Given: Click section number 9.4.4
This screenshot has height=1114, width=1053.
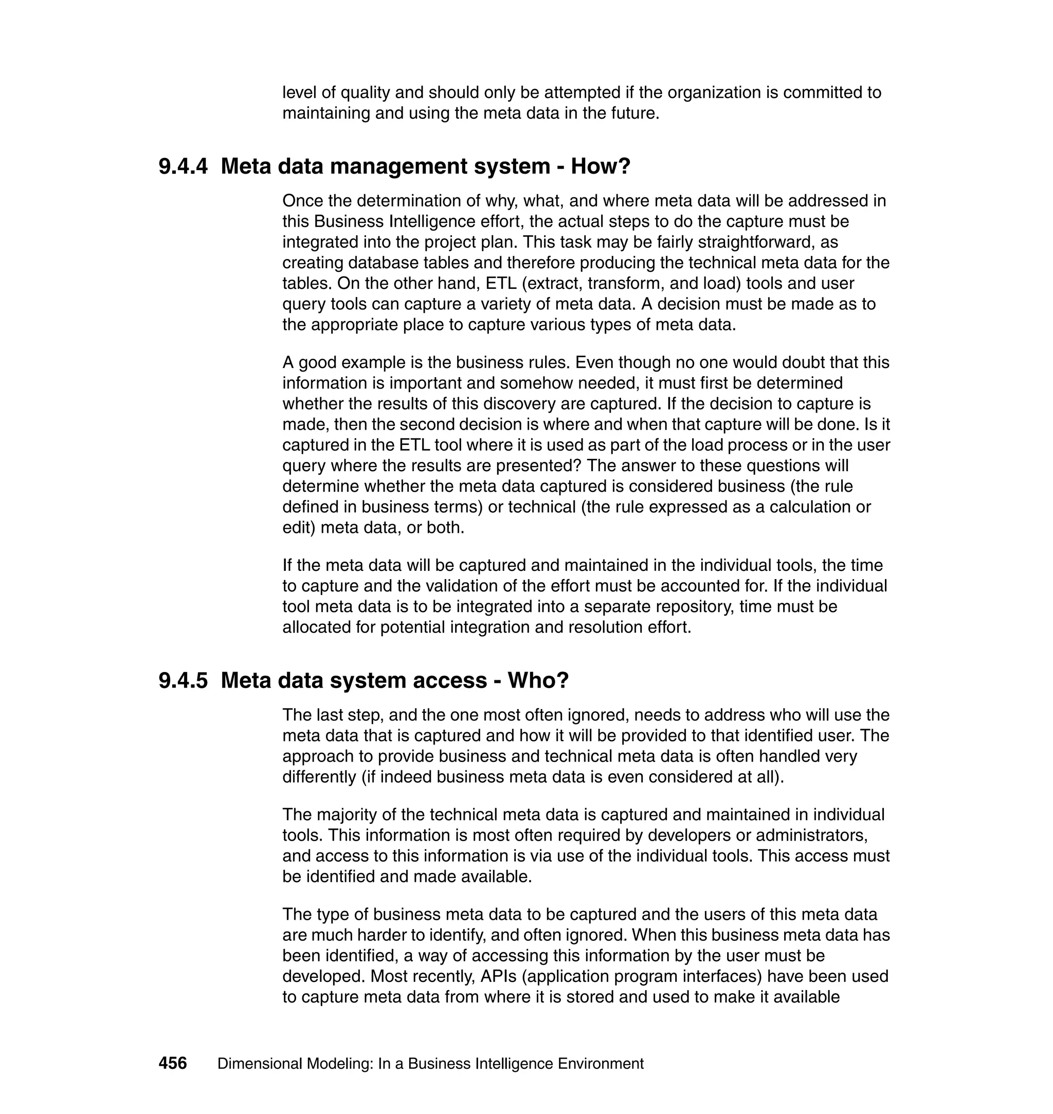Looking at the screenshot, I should [183, 166].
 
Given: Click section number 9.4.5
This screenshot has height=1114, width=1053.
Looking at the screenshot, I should [183, 680].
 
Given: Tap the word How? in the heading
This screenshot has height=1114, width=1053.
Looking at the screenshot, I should [601, 166].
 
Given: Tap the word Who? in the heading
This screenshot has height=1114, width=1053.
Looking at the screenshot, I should [538, 680].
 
